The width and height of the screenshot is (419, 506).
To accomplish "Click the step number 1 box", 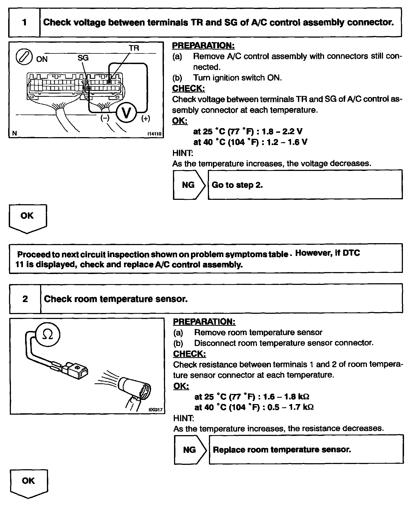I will point(25,22).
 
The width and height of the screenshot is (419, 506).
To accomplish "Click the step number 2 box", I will point(25,299).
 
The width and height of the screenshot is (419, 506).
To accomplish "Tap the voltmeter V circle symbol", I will point(126,113).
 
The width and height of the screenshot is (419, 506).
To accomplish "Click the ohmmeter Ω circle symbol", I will point(48,334).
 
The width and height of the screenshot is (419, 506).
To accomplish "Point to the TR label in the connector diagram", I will point(134,48).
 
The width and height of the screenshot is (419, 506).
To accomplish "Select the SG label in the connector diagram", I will point(83,58).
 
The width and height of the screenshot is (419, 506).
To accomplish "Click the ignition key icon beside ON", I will point(24,58).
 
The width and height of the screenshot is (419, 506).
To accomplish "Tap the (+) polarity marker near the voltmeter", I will point(145,118).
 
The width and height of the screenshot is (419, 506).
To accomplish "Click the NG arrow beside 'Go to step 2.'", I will point(189,185).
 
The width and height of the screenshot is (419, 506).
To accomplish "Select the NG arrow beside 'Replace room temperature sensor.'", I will point(190,450).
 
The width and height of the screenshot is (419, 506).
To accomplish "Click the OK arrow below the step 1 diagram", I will point(28,218).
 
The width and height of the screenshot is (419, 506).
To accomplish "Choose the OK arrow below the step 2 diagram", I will point(29,483).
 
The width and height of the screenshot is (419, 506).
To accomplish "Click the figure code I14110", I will point(154,134).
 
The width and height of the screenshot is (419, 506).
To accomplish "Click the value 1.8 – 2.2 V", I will point(282,131).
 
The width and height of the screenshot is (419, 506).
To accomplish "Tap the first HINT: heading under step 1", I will point(182,153).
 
